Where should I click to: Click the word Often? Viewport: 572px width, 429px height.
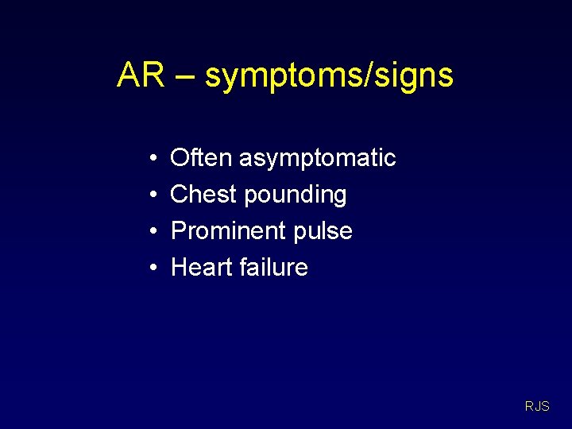202,157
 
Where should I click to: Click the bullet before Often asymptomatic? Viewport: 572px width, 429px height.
151,158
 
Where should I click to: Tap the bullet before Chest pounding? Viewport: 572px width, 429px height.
151,195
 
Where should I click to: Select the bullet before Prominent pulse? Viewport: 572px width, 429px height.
151,231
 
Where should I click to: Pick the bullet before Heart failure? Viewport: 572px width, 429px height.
151,268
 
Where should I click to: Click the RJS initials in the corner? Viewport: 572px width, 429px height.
537,407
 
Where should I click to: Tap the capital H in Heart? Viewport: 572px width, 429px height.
179,267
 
